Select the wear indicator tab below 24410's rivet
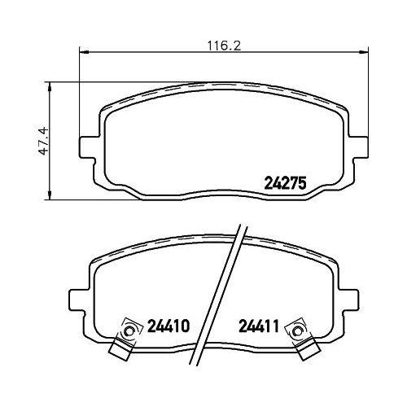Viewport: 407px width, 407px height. tap(119, 351)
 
